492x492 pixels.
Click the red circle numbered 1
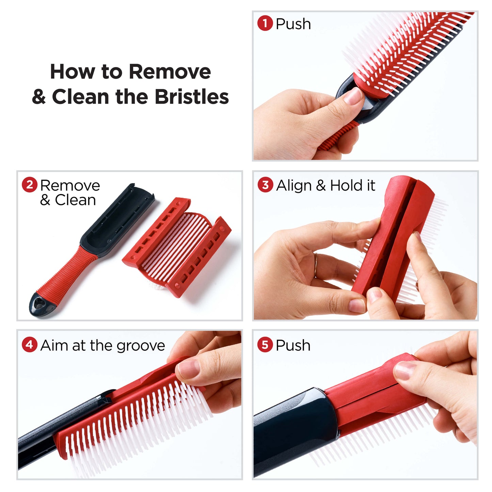tap(265, 23)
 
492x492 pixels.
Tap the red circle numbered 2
tap(30, 185)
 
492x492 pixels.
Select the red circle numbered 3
tap(265, 185)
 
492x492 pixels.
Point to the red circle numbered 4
tap(30, 345)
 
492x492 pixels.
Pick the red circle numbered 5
tap(265, 345)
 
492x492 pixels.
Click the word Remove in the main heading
tap(170, 72)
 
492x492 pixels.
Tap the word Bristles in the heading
tap(192, 97)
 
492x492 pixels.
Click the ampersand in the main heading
tap(39, 97)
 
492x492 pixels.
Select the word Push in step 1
tap(293, 24)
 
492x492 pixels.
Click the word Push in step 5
tap(293, 345)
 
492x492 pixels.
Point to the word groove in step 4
tap(141, 347)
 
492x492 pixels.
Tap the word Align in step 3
tap(293, 186)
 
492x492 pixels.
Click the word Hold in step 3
tap(346, 185)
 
